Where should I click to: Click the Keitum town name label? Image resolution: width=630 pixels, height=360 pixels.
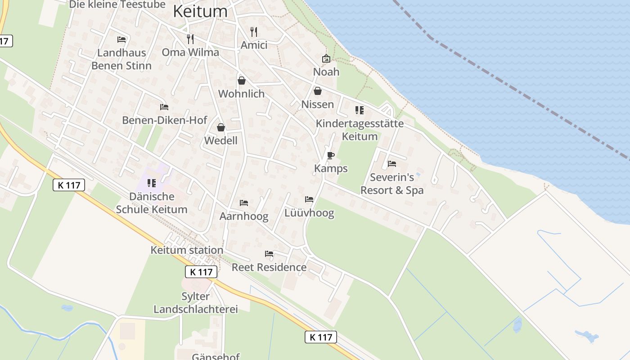pos(200,12)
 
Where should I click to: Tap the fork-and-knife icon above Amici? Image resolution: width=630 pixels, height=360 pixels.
pos(254,31)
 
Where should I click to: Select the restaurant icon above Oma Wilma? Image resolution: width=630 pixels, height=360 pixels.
pos(190,39)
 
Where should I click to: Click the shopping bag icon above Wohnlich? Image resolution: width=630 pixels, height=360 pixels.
pos(242,81)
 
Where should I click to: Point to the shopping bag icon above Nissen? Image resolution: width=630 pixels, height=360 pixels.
pos(318,91)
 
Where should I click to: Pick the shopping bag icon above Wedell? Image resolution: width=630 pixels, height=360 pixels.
pos(220,127)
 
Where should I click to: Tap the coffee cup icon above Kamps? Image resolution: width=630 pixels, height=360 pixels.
pos(331,156)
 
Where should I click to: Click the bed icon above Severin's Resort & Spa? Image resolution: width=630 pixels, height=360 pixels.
pos(392,164)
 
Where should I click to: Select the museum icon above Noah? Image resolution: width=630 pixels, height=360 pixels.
pos(326,58)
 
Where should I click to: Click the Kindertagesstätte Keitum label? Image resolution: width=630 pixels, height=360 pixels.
pos(360,130)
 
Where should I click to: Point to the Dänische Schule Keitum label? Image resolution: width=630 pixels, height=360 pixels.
pos(152,203)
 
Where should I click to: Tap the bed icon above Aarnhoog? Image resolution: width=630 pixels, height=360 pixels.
pos(244,203)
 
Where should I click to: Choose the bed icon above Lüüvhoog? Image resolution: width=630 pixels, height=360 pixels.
pos(309,199)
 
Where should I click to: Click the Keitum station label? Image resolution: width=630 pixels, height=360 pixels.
pos(187,250)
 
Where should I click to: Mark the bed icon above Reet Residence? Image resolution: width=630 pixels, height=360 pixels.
pos(269,254)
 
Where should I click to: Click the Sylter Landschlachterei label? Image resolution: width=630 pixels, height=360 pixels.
pos(196,303)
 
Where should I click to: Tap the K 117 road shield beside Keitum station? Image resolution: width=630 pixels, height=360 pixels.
pos(201,272)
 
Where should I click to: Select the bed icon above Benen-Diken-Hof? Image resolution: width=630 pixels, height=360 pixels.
pos(164,107)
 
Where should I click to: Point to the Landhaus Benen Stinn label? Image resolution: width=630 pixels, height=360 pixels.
pos(121,59)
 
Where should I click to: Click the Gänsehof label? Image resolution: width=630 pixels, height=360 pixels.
pos(216,356)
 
